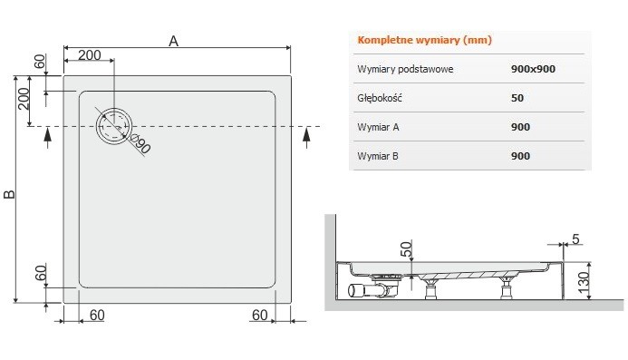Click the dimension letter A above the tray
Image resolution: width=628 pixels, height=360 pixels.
pos(174,40)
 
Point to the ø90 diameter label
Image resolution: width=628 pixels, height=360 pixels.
pos(141,142)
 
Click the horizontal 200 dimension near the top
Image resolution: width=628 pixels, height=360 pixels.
pos(89,55)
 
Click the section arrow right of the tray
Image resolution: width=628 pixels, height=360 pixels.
pos(307,136)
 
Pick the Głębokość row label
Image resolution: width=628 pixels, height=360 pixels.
pos(380,98)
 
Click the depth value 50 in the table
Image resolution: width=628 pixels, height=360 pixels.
pos(517,98)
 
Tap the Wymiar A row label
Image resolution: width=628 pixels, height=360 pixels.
pos(379,127)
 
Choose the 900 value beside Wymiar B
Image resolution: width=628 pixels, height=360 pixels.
pos(520,156)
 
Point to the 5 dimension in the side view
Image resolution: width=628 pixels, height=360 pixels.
pos(577,239)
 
